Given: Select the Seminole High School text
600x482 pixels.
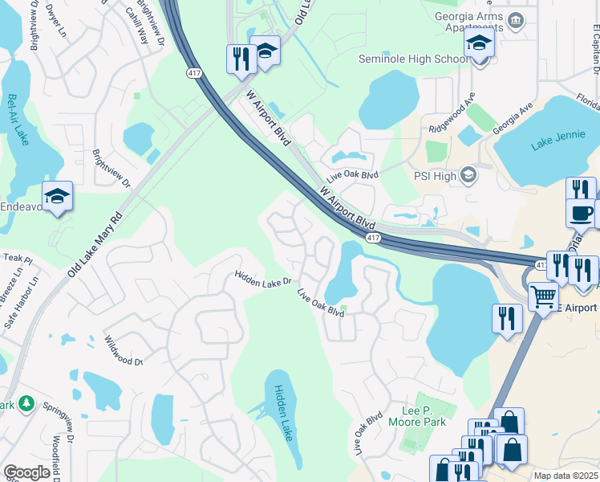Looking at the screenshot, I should click(414, 59).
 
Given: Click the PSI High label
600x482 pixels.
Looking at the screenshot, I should click(434, 176).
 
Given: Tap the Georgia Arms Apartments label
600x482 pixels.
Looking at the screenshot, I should click(468, 22).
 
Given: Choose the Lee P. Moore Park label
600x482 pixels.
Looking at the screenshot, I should click(416, 415).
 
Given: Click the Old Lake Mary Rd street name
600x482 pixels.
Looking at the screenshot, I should click(94, 246).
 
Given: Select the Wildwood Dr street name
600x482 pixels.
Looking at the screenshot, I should click(124, 350).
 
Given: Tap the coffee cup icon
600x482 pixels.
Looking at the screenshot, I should click(580, 213).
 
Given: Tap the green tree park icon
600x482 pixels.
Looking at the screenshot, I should click(26, 402).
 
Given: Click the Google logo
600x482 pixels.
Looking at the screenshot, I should click(26, 472).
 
